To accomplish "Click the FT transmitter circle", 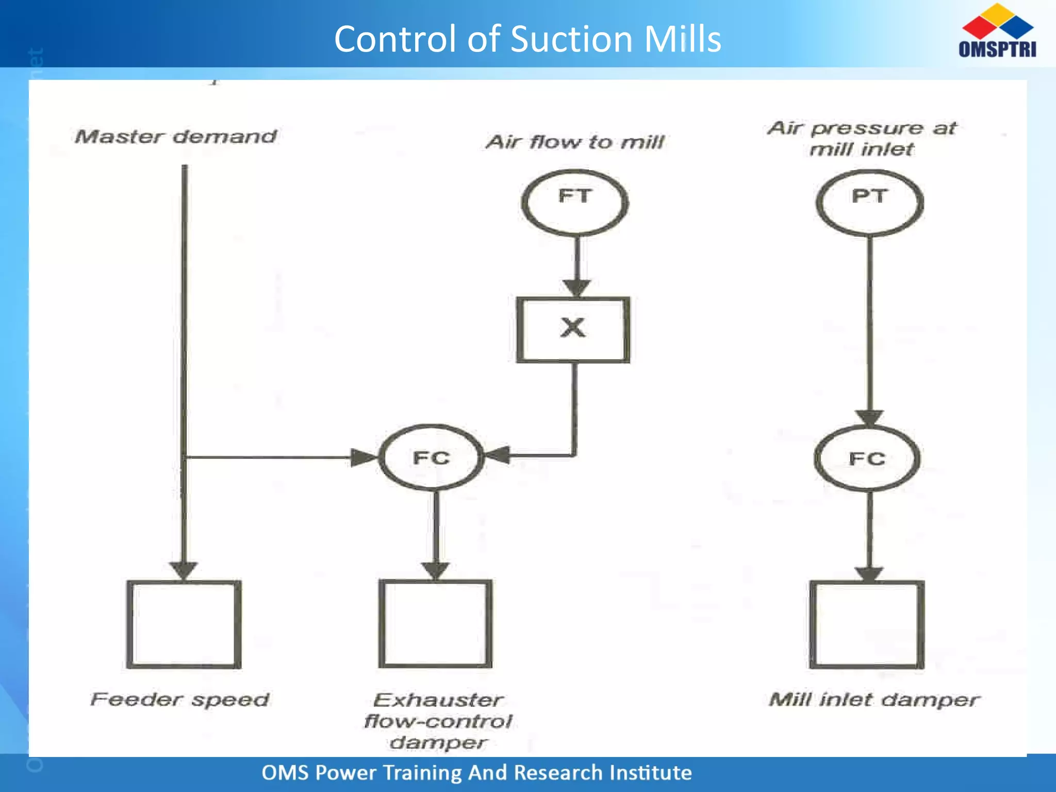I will pyautogui.click(x=575, y=203).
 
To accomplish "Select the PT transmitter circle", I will pyautogui.click(x=870, y=203).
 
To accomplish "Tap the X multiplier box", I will pyautogui.click(x=573, y=329).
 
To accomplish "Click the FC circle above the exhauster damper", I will pyautogui.click(x=432, y=457).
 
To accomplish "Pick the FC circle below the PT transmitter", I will pyautogui.click(x=867, y=458).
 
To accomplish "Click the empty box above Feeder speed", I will pyautogui.click(x=184, y=624).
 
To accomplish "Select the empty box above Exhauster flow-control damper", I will pyautogui.click(x=436, y=624).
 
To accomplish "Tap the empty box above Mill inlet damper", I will pyautogui.click(x=867, y=624).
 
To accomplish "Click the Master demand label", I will pyautogui.click(x=176, y=137).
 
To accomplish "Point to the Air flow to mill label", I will pyautogui.click(x=575, y=142).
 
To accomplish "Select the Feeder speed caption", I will pyautogui.click(x=180, y=700).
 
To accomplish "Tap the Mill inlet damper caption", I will pyautogui.click(x=874, y=700).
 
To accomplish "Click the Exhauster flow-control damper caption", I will pyautogui.click(x=438, y=721).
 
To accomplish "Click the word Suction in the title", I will pyautogui.click(x=571, y=39).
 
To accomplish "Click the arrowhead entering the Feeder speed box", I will pyautogui.click(x=184, y=570).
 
